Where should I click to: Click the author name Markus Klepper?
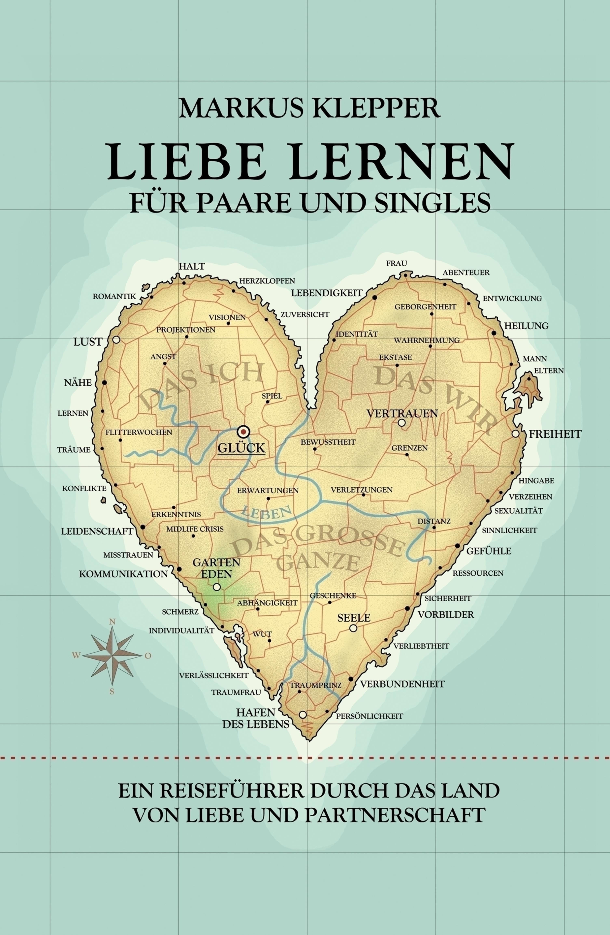point(310,108)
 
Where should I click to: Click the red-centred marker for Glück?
point(244,432)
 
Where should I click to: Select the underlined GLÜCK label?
point(241,448)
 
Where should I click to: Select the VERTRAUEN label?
point(402,413)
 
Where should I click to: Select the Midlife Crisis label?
point(195,529)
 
